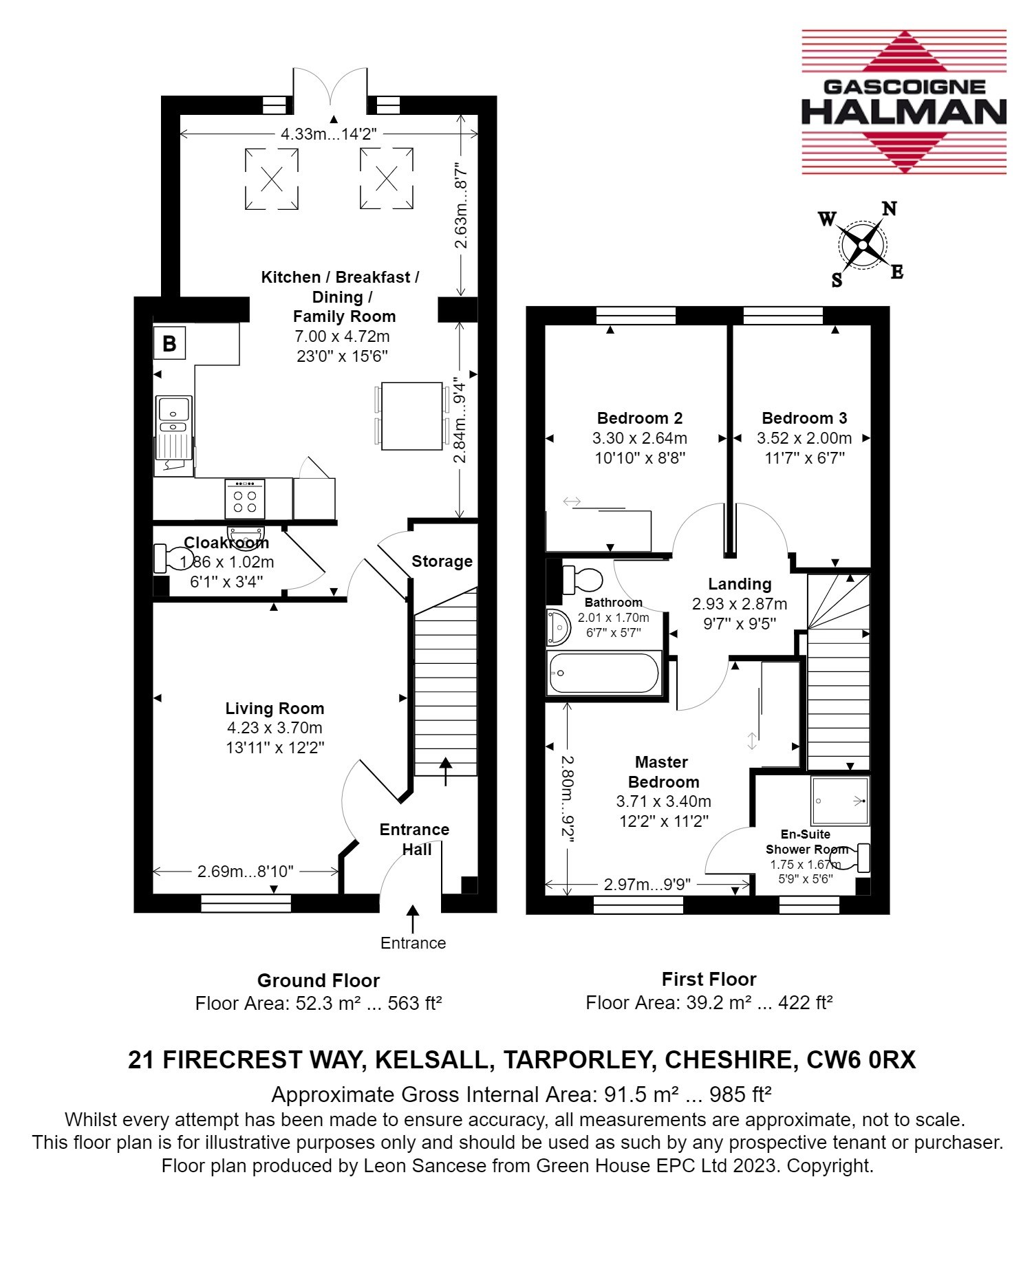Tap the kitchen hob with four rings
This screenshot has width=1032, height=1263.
click(x=245, y=499)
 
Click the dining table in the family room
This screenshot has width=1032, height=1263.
click(x=412, y=415)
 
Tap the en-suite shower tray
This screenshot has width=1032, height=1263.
click(x=840, y=801)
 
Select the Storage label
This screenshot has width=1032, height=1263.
click(x=442, y=561)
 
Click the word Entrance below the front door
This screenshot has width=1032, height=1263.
click(x=413, y=943)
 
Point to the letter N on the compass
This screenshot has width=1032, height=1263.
click(x=890, y=208)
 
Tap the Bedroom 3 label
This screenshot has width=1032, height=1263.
click(x=804, y=418)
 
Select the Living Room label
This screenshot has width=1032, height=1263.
click(x=275, y=709)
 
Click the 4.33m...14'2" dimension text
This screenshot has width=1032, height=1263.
click(x=328, y=134)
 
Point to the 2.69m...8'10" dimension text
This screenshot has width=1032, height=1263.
click(x=246, y=872)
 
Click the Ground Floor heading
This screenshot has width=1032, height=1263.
click(x=319, y=980)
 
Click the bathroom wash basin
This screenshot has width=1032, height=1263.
click(x=559, y=627)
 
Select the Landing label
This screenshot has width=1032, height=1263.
click(x=740, y=584)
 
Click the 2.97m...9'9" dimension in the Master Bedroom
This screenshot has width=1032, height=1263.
click(x=647, y=885)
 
